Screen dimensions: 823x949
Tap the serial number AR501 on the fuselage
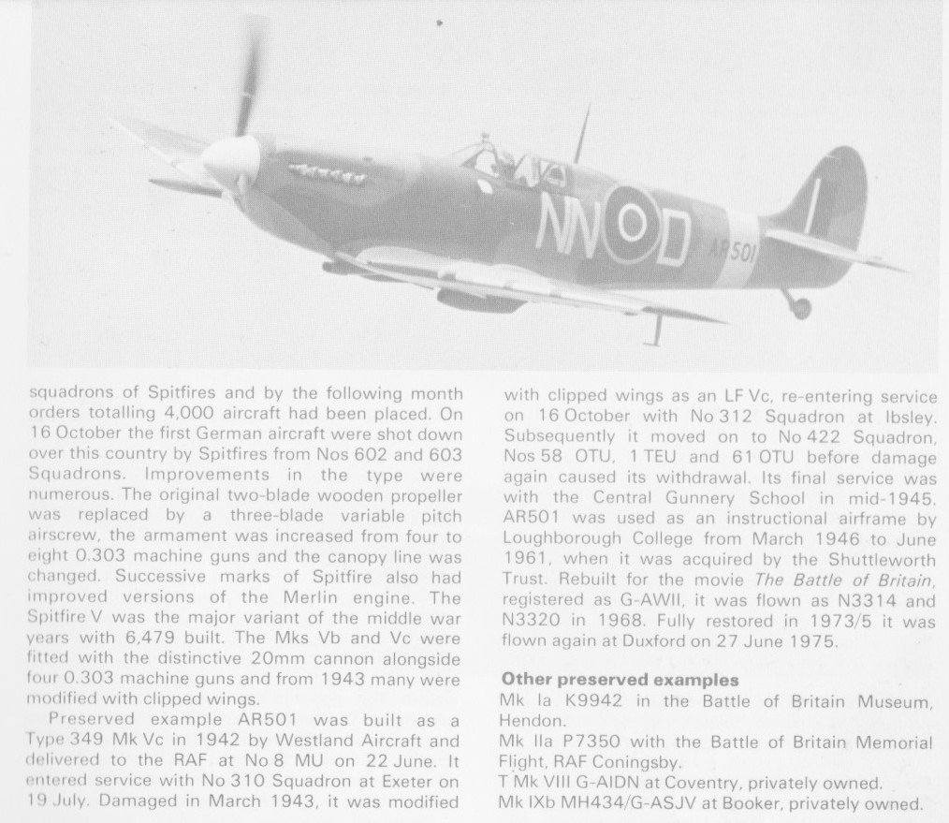click(x=732, y=248)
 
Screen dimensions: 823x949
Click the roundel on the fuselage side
click(x=633, y=223)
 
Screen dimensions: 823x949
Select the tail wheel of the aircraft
click(x=799, y=306)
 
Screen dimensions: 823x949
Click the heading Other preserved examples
click(x=620, y=679)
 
